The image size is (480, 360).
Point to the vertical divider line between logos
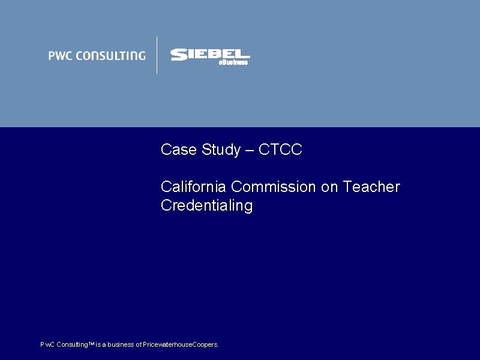pyautogui.click(x=157, y=55)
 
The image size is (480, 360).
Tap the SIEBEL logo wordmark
pyautogui.click(x=209, y=55)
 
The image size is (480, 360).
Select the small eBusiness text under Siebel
pyautogui.click(x=233, y=62)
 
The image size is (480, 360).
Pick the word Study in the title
pyautogui.click(x=220, y=150)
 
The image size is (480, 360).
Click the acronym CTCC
pyautogui.click(x=280, y=150)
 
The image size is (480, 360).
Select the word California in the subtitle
pyautogui.click(x=194, y=187)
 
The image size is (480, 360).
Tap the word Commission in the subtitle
pyautogui.click(x=274, y=187)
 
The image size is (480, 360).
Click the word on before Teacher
pyautogui.click(x=330, y=187)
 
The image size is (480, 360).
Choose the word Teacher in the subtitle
pyautogui.click(x=371, y=187)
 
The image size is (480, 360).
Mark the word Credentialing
pyautogui.click(x=206, y=206)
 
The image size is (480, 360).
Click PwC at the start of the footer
pyautogui.click(x=47, y=345)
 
